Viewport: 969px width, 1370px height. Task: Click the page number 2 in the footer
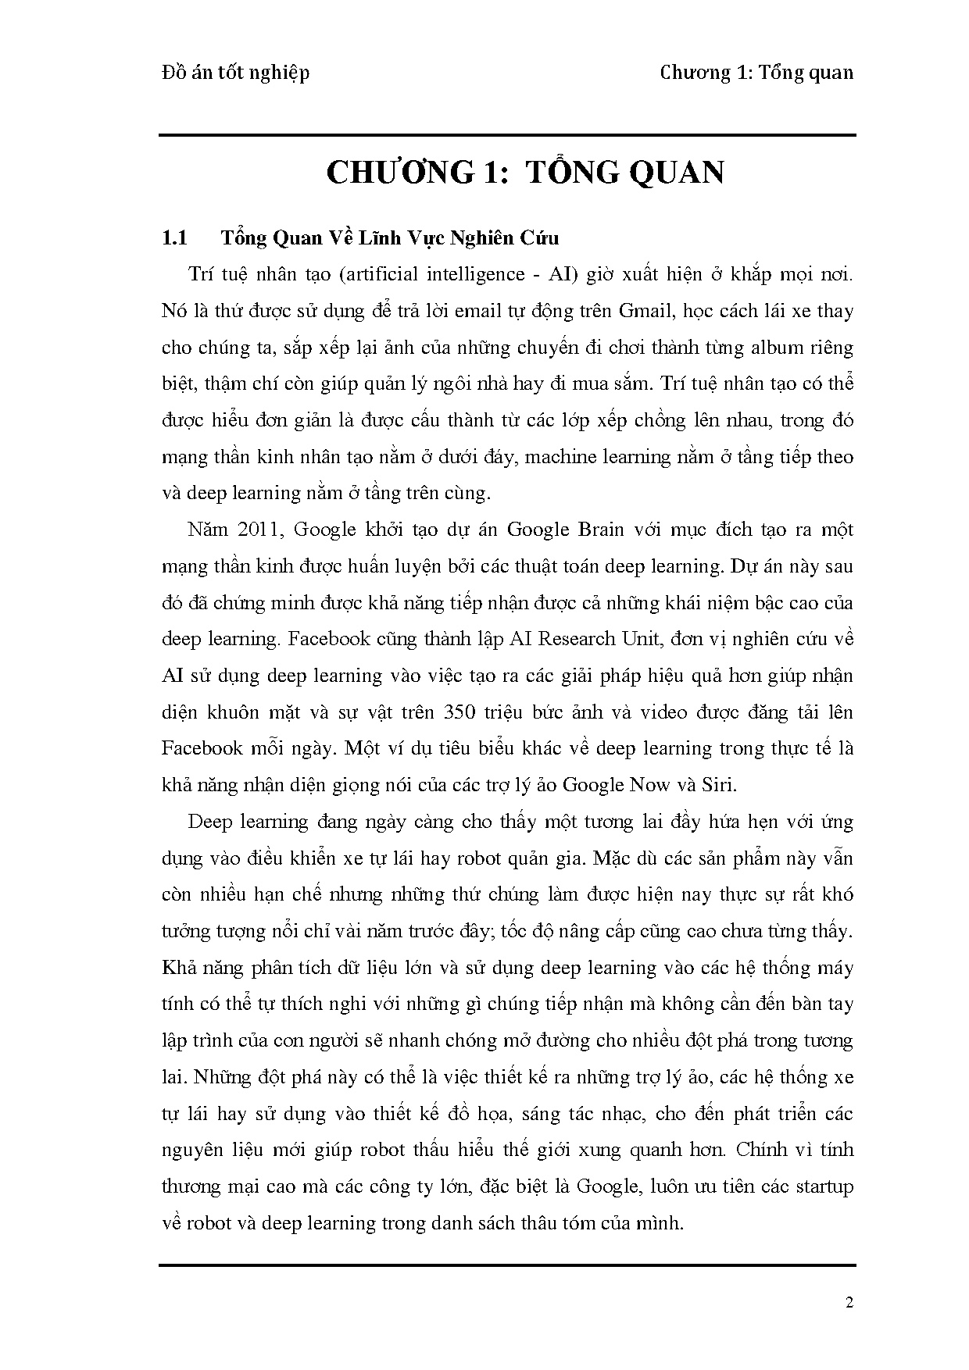click(x=849, y=1302)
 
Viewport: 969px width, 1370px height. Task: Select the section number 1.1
click(x=173, y=237)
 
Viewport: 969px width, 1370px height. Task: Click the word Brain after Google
click(x=599, y=530)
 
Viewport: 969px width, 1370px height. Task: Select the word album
click(x=774, y=348)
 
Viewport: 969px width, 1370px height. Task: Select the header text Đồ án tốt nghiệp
click(x=235, y=73)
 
